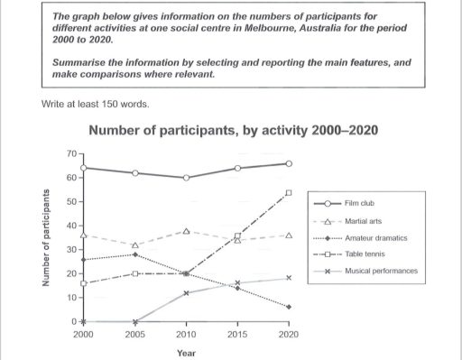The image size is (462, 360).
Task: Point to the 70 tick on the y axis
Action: click(x=70, y=153)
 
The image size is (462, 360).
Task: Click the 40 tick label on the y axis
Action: click(x=70, y=226)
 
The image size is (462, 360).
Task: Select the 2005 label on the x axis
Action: click(x=134, y=335)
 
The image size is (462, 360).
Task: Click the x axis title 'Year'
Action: click(x=185, y=353)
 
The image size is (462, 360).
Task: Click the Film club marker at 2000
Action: click(x=83, y=168)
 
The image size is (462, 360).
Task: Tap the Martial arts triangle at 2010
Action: click(x=186, y=231)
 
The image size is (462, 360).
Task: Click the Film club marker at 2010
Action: click(x=186, y=178)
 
